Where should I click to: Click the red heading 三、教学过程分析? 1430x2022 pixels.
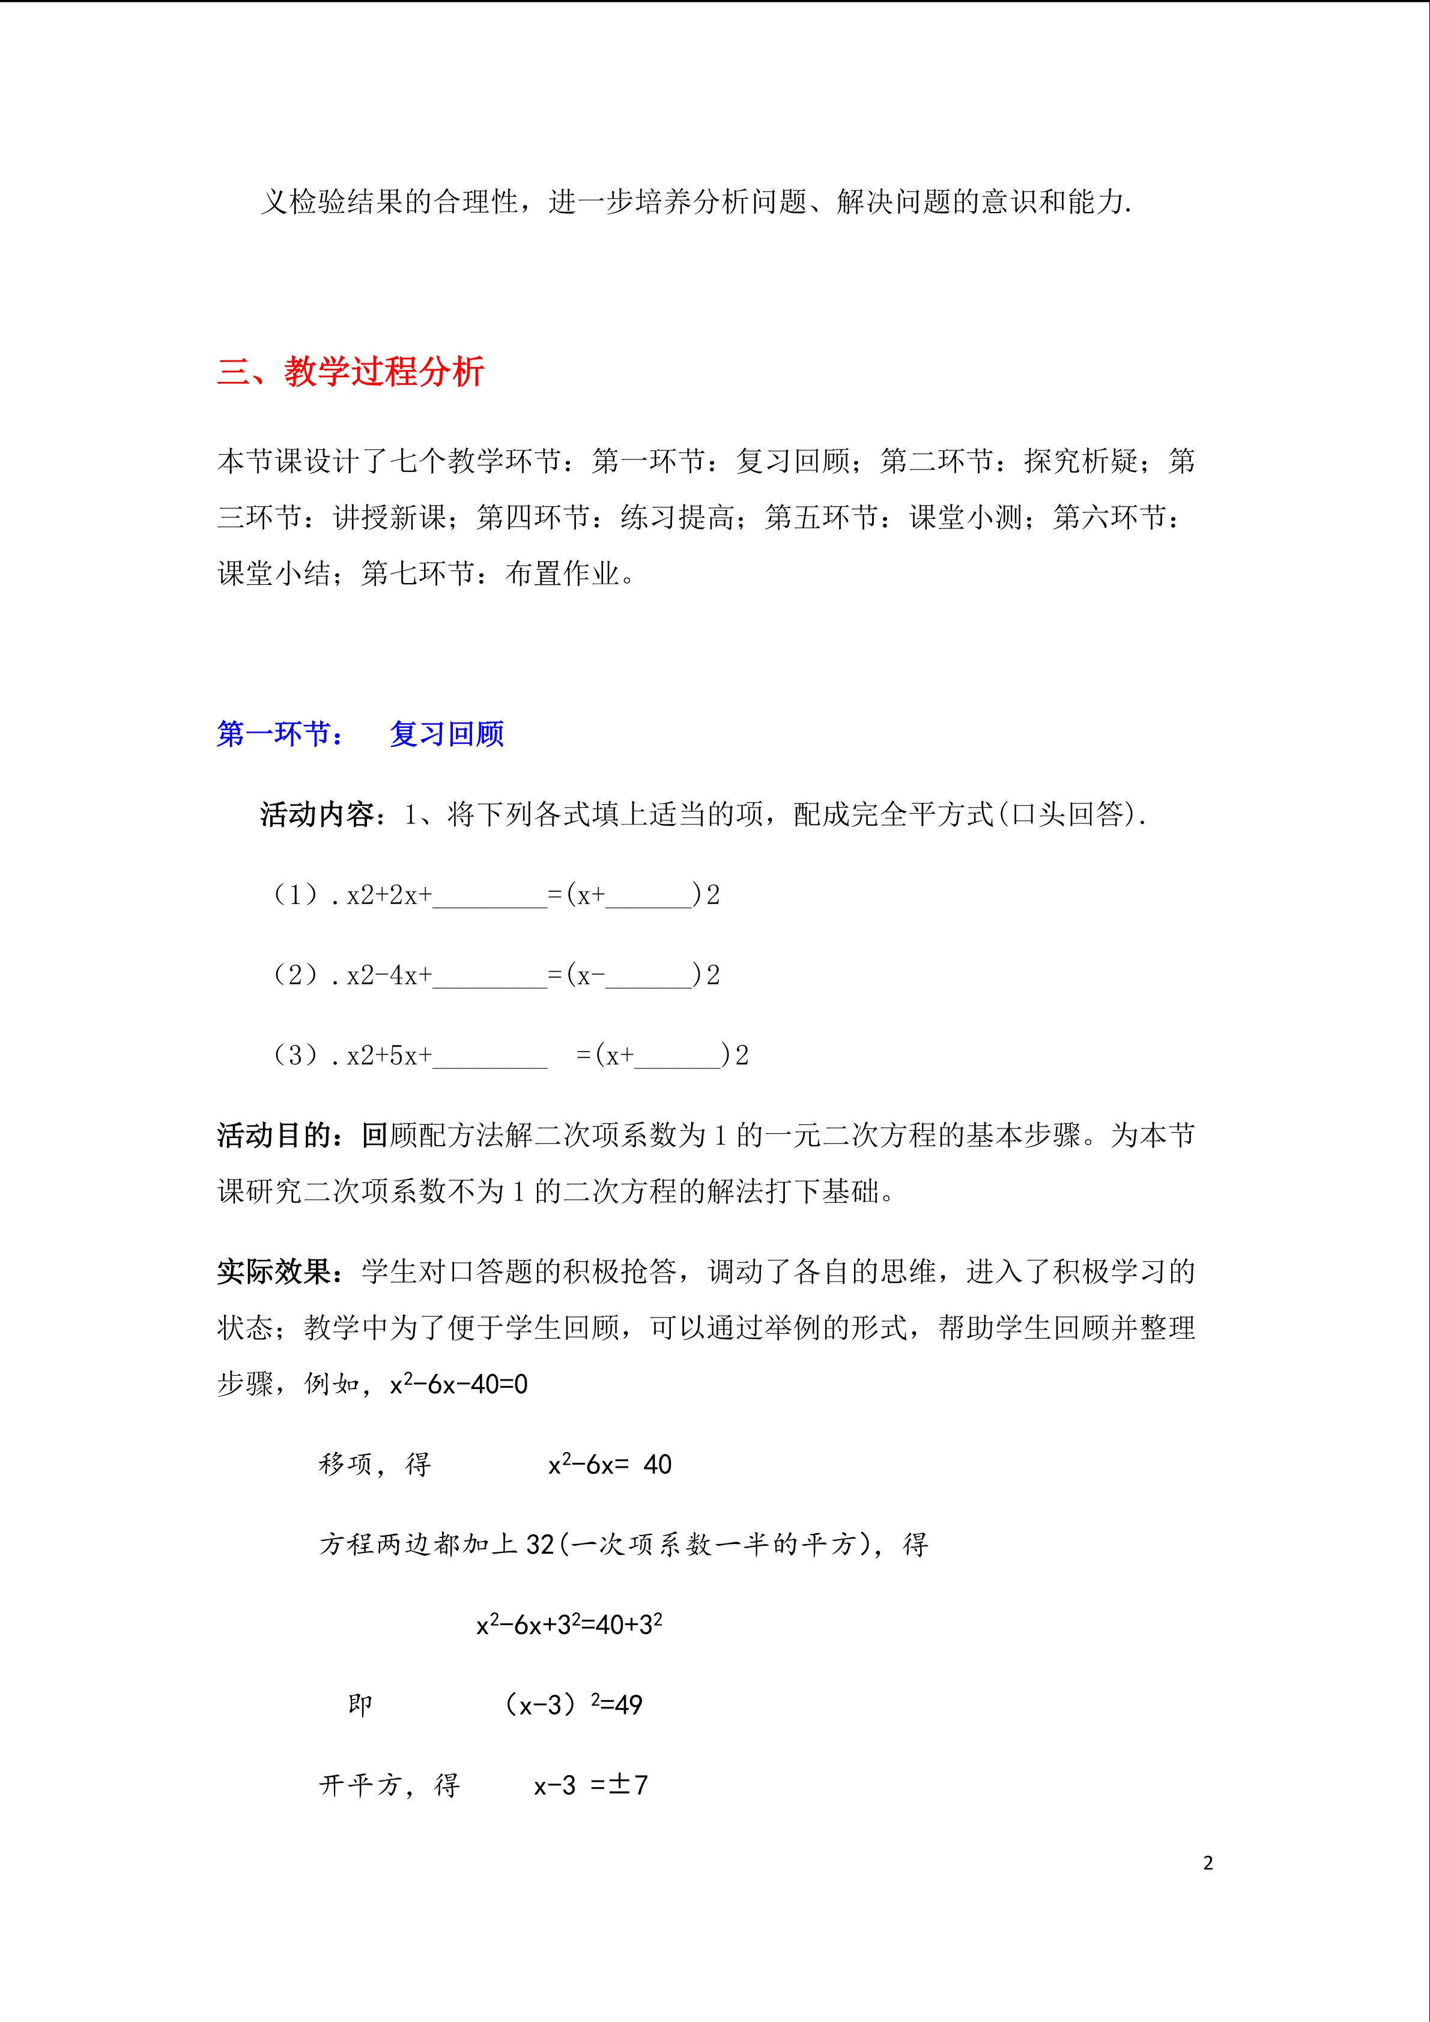click(x=351, y=372)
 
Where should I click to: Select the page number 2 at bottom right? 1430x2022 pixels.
click(x=1207, y=1863)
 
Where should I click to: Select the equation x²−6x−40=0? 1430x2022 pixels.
click(x=459, y=1384)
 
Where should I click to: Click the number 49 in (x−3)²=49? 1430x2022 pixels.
click(x=629, y=1705)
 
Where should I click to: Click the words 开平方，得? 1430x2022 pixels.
click(x=389, y=1785)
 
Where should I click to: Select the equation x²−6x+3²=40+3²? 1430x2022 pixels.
click(x=569, y=1625)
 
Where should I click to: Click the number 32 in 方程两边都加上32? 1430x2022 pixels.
click(x=540, y=1545)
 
